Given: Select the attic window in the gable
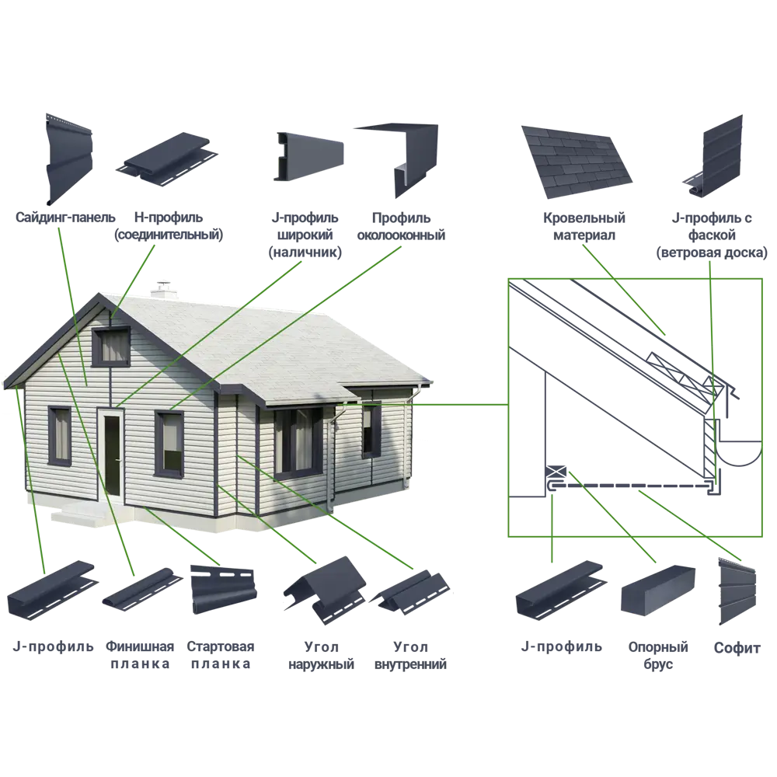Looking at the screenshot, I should [x=111, y=347].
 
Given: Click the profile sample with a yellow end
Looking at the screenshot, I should [x=307, y=158].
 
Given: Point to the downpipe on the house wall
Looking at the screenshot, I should [x=333, y=458].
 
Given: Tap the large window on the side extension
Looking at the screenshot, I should [x=298, y=441].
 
